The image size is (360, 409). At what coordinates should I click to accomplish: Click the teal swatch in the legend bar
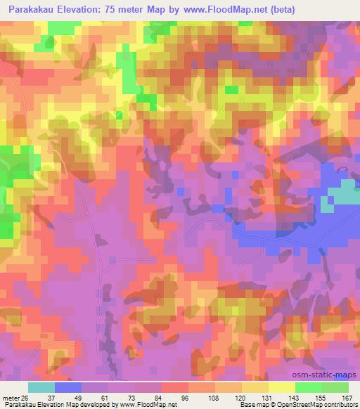click(x=41, y=387)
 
